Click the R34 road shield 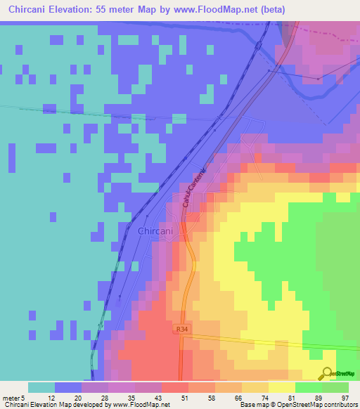[181, 328]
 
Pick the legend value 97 [345, 398]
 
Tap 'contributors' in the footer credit [340, 405]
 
